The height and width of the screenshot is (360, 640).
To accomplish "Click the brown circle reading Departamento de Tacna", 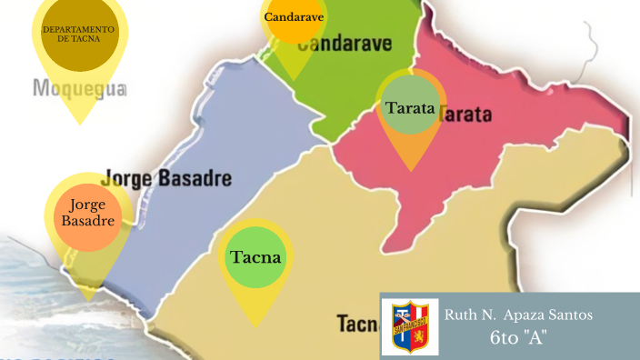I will [x=79, y=35].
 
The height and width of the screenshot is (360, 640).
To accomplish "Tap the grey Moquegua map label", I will [x=79, y=89].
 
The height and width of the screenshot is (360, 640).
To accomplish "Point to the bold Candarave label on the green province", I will [x=345, y=44].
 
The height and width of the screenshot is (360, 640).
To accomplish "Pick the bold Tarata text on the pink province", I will [x=465, y=115].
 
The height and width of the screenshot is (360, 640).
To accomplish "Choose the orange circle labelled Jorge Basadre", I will [x=86, y=214].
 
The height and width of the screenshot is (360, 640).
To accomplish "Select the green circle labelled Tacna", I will [x=255, y=257].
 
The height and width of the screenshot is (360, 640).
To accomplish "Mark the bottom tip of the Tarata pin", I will [x=412, y=171].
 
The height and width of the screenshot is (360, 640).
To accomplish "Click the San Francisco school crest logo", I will [x=410, y=326].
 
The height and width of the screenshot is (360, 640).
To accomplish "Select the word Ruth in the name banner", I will [x=459, y=315].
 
